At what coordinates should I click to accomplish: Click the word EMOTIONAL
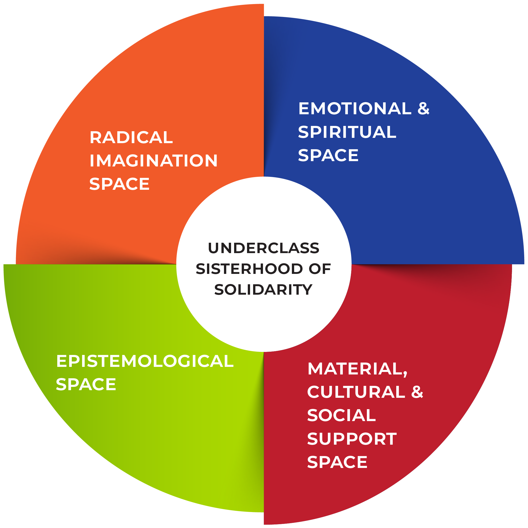[x=355, y=108]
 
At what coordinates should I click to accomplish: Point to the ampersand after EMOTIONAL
[x=423, y=108]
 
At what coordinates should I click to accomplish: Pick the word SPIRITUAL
[x=347, y=132]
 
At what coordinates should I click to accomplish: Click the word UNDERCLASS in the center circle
[x=263, y=248]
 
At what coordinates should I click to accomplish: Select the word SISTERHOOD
[x=249, y=269]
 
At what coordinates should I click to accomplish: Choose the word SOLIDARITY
[x=263, y=290]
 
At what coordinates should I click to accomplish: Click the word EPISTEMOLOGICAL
[x=145, y=361]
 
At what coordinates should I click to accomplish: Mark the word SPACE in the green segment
[x=86, y=384]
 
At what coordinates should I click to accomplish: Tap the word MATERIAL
[x=355, y=369]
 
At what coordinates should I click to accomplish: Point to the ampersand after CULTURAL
[x=417, y=392]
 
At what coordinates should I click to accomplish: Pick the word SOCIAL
[x=342, y=415]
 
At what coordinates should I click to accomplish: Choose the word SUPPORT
[x=352, y=439]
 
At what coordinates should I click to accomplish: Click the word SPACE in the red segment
[x=337, y=462]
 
